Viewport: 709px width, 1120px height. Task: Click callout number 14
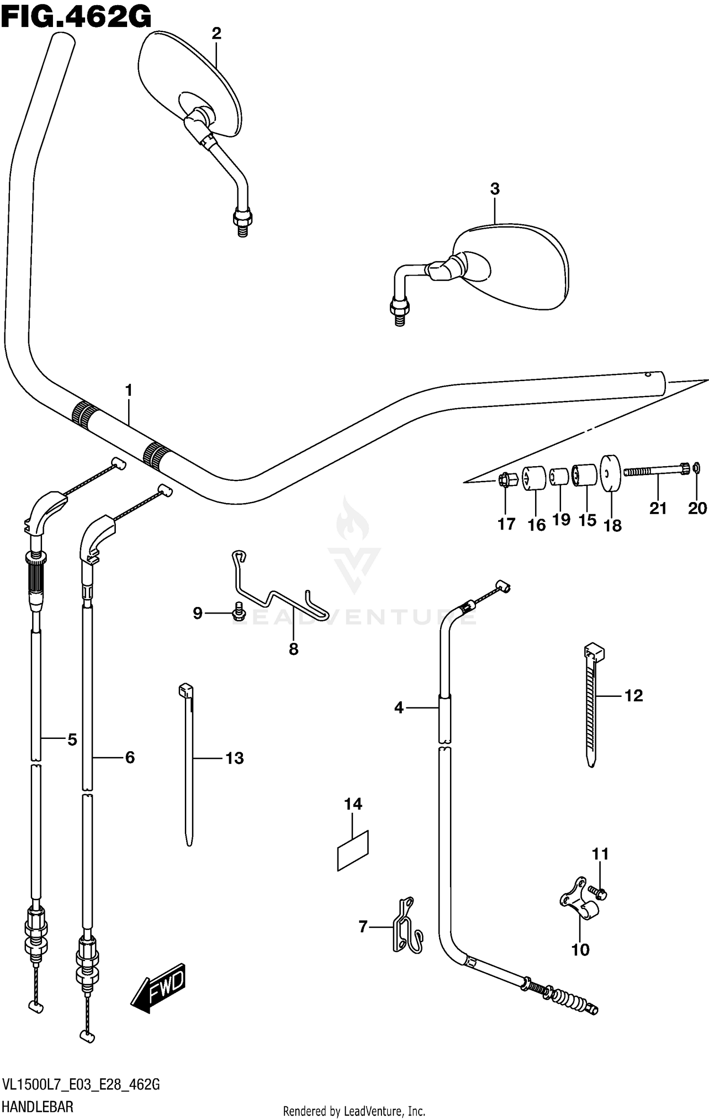click(353, 804)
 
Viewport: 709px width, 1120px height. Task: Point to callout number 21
click(658, 508)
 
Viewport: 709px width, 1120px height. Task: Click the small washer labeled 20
click(696, 469)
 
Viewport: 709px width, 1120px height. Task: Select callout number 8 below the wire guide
click(294, 649)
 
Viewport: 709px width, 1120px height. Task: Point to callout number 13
click(234, 758)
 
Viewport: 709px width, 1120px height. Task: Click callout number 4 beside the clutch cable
click(399, 708)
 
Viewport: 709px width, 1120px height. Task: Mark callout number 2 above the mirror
click(216, 34)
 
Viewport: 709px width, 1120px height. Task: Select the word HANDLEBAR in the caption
click(38, 1107)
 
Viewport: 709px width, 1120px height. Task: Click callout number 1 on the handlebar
click(128, 391)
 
